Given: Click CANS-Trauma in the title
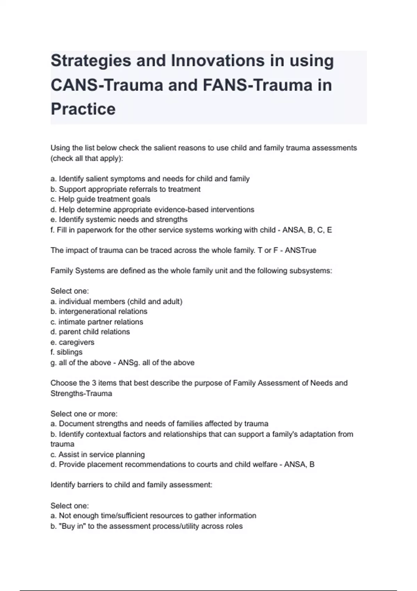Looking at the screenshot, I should (x=107, y=85).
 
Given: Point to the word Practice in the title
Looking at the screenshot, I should (x=83, y=109).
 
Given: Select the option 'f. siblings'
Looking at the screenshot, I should (x=66, y=352).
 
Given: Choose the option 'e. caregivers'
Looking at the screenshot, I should (x=72, y=342).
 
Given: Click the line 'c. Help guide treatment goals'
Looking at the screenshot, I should (x=100, y=199).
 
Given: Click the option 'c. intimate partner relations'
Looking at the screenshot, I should (x=97, y=322).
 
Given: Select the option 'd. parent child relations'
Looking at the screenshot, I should (x=90, y=332).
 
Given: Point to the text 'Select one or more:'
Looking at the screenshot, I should (x=84, y=414).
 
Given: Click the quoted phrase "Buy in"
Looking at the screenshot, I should (x=72, y=526).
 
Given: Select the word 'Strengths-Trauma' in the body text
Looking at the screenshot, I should (x=81, y=394).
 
